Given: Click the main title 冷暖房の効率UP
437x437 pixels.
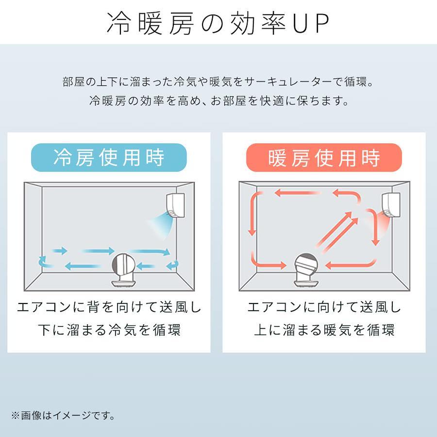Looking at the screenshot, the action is point(218,23).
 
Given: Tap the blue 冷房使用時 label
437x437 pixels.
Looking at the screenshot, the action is point(109,157).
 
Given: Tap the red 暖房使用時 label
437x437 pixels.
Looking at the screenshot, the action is point(324,157).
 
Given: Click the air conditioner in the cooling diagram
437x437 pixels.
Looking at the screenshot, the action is point(175,205).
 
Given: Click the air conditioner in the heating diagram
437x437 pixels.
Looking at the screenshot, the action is point(391,205).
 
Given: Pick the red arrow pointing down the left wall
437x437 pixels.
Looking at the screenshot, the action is point(253,213).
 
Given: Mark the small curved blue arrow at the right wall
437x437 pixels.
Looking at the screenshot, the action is point(173,265).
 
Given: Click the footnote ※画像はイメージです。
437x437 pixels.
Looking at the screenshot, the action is point(63,416).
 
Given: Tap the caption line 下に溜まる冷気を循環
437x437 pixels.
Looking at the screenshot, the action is point(109,330).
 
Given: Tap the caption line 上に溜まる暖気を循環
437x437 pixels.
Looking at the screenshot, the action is point(324,330).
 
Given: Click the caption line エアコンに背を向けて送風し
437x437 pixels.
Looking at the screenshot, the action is point(109,307).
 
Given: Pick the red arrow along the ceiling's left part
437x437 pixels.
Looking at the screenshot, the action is point(297,193).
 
